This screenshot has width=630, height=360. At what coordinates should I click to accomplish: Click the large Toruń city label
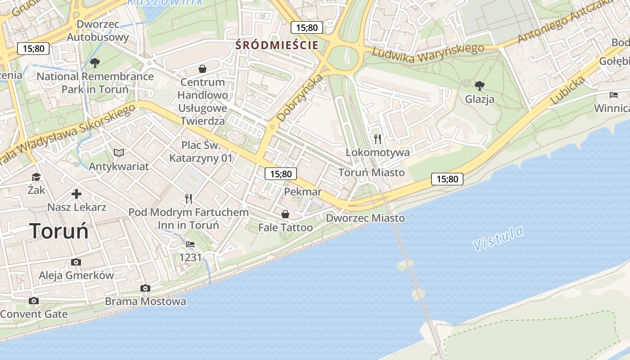[59, 231]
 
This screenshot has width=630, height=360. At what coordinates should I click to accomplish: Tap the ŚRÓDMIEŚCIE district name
[277, 45]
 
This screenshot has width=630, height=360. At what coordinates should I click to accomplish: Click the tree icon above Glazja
[480, 85]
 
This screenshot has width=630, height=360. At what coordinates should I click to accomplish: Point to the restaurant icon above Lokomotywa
[378, 139]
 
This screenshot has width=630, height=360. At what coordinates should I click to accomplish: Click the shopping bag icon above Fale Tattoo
[285, 214]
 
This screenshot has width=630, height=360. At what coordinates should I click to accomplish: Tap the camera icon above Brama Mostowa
[145, 288]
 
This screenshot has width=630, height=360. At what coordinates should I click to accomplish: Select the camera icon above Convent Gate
[34, 301]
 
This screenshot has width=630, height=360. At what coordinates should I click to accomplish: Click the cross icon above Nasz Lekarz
[77, 194]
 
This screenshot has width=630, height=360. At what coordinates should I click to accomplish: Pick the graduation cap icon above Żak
[36, 177]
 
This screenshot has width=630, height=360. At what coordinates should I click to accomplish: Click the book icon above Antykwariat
[119, 153]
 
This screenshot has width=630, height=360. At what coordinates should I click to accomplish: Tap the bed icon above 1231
[190, 244]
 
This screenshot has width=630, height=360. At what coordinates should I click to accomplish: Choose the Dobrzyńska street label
[300, 98]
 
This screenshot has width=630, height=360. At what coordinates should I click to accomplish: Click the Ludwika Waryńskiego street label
[428, 53]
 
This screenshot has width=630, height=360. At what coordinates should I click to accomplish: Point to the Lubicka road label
[567, 90]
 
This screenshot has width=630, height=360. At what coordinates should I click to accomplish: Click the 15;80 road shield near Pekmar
[281, 174]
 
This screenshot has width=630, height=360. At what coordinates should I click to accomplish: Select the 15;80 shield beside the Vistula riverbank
[447, 179]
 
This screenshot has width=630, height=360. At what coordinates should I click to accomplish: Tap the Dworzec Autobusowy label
[98, 31]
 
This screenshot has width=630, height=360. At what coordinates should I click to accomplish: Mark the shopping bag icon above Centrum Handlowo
[202, 69]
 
